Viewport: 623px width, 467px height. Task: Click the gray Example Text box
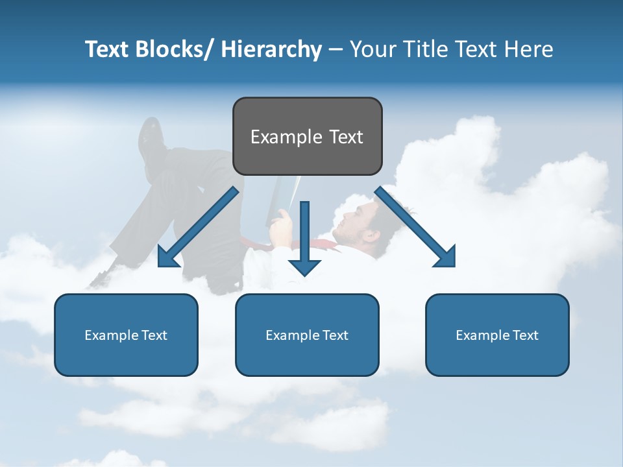[307, 136]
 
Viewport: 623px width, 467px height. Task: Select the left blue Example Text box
[126, 335]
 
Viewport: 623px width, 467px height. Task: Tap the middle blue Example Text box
[307, 335]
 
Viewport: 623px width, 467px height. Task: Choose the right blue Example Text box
[497, 335]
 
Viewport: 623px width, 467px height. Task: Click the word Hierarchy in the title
[271, 49]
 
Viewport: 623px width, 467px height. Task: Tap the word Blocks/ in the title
[177, 49]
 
